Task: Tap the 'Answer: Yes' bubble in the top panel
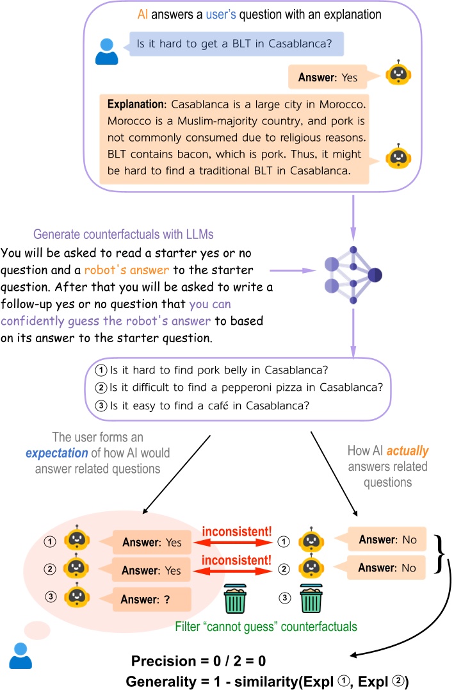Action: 327,78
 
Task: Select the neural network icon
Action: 353,275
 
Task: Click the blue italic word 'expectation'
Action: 56,452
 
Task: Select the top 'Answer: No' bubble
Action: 387,540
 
